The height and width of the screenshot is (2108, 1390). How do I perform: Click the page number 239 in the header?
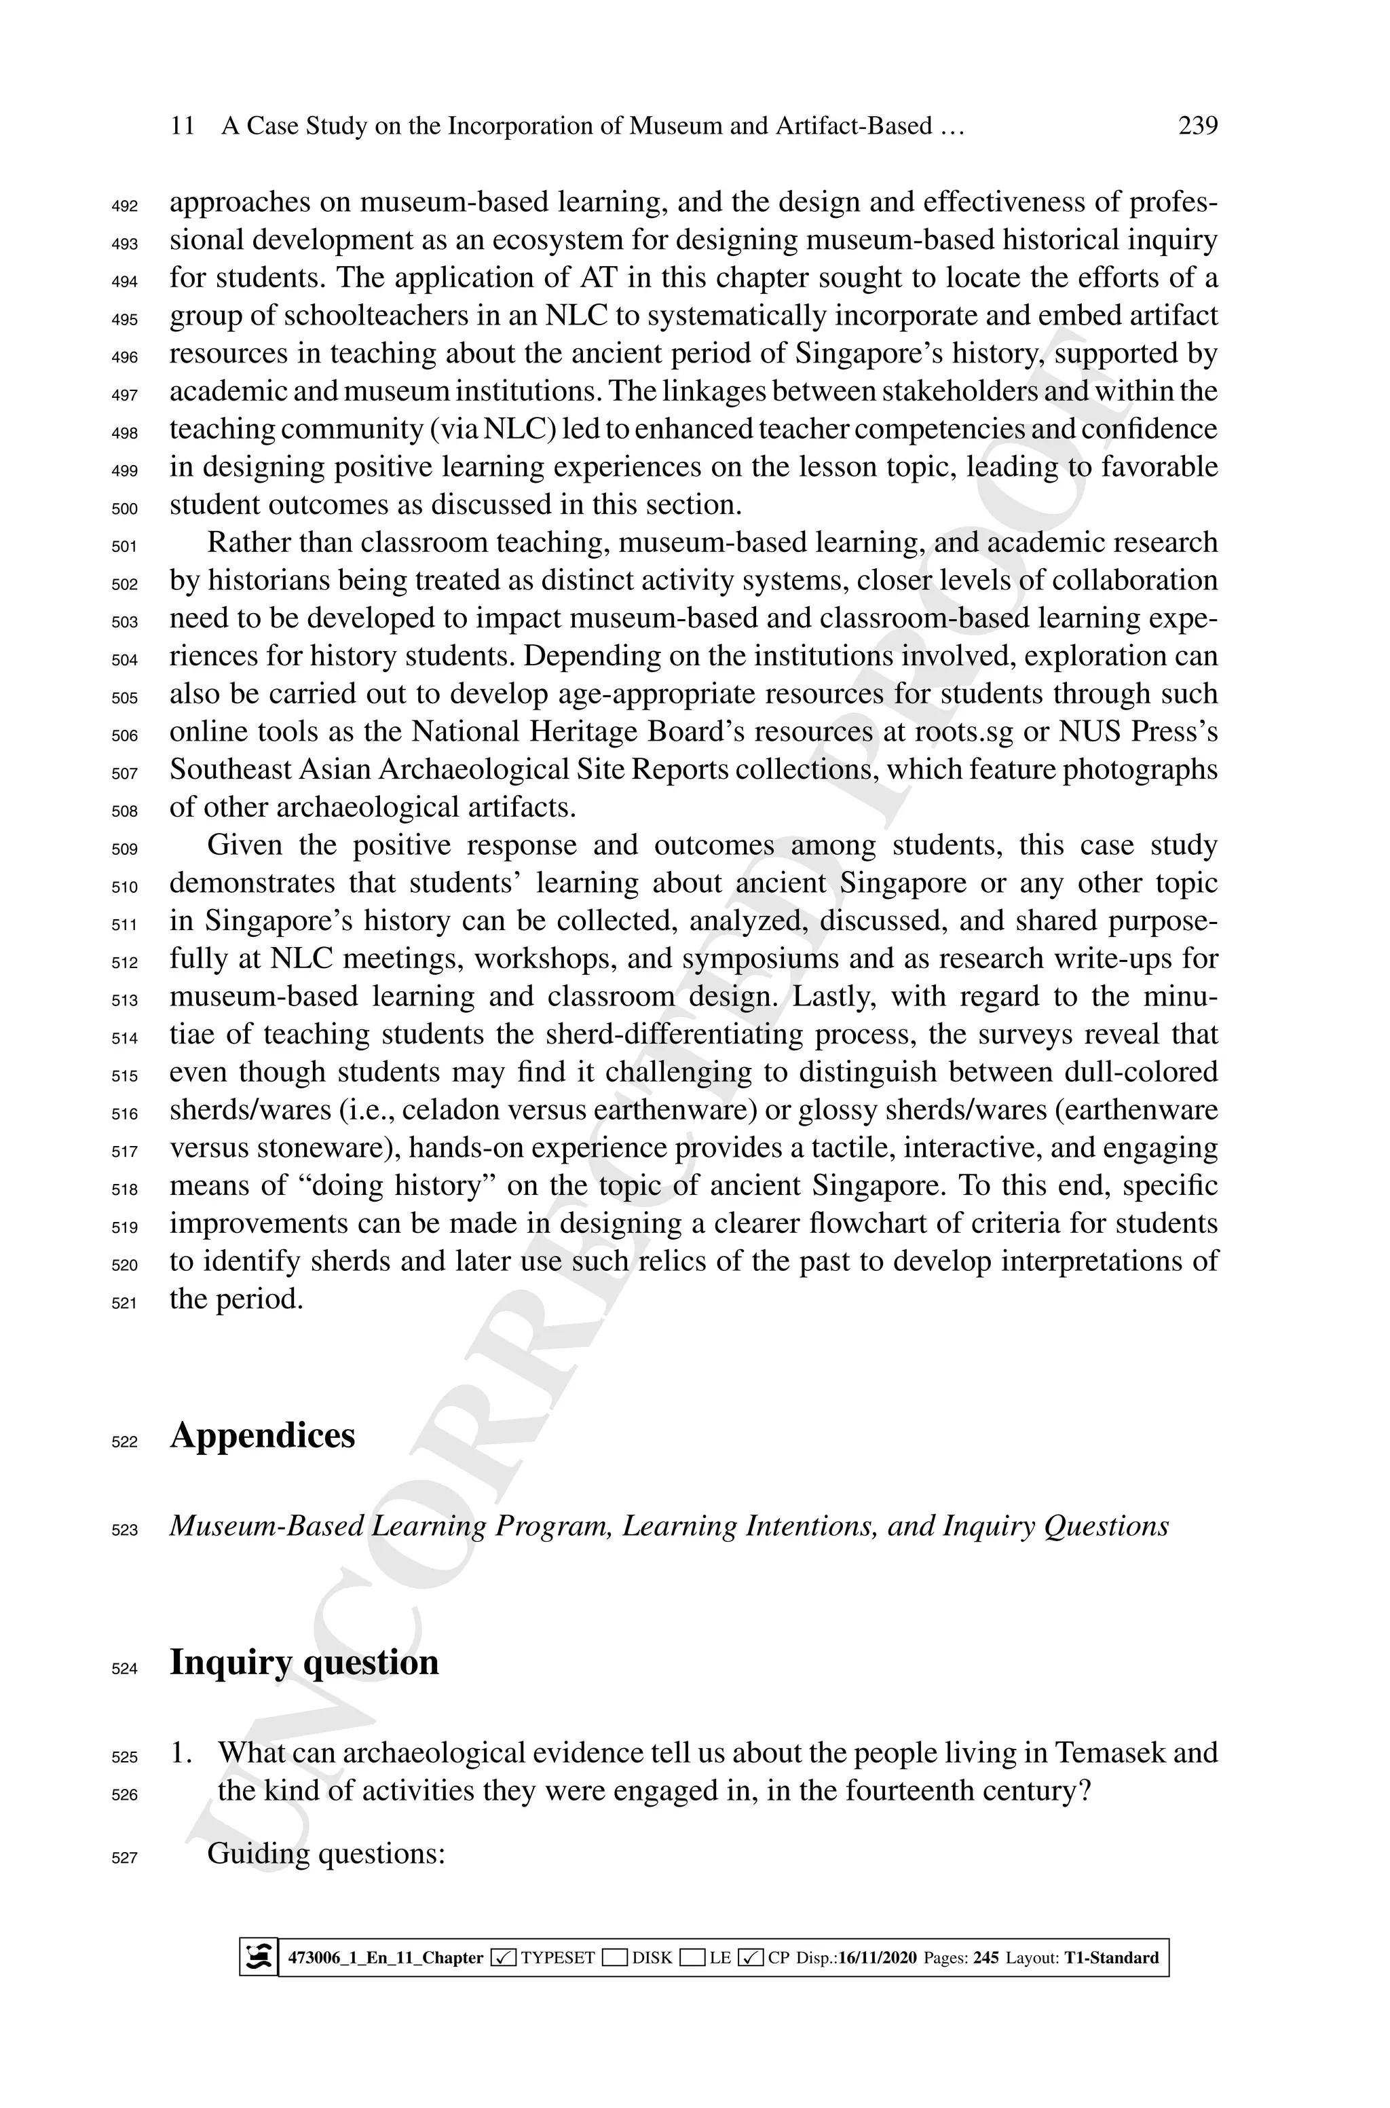point(1198,126)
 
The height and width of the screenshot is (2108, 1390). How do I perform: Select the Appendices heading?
point(263,1435)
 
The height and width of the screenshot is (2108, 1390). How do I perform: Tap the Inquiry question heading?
point(304,1662)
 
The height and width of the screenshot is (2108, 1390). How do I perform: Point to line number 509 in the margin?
point(125,849)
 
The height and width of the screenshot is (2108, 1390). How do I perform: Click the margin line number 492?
point(125,206)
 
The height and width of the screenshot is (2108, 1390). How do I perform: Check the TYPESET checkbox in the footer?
point(504,1957)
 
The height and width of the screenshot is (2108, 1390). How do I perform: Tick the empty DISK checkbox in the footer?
point(614,1957)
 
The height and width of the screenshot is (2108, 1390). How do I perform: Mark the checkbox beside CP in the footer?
point(750,1957)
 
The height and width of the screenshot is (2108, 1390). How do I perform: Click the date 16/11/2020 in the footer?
point(877,1957)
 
